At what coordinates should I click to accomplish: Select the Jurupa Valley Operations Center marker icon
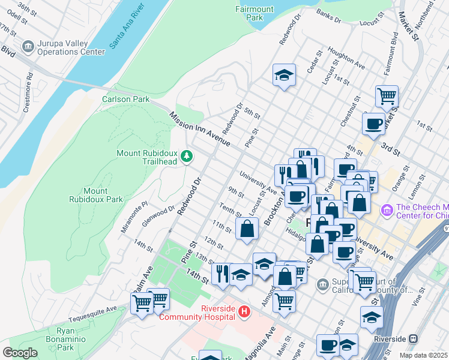tap(28, 47)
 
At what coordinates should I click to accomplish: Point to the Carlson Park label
tap(124, 98)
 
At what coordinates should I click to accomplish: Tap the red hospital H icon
tap(244, 311)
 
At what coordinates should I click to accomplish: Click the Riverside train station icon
tap(413, 339)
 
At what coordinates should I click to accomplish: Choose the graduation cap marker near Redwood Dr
tap(284, 75)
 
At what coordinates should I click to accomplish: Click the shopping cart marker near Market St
tap(387, 95)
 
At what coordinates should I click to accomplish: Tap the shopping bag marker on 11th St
tap(247, 229)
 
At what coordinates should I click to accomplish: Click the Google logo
tap(20, 353)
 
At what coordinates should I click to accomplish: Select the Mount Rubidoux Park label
tap(95, 195)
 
